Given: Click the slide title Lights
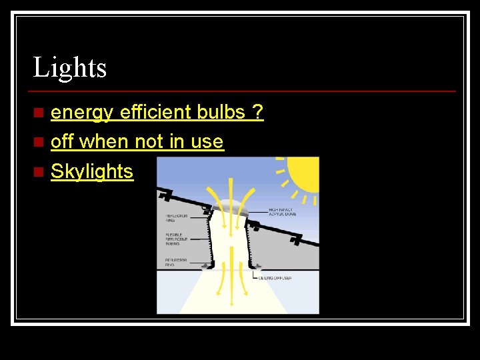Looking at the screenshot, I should pyautogui.click(x=70, y=67).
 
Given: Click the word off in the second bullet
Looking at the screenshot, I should pyautogui.click(x=62, y=142).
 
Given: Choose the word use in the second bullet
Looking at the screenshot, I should pyautogui.click(x=208, y=142).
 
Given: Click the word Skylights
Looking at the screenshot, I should pyautogui.click(x=92, y=171).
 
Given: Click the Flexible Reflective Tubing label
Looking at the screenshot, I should pyautogui.click(x=177, y=239).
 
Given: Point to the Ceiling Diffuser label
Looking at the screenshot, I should pyautogui.click(x=275, y=278).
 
